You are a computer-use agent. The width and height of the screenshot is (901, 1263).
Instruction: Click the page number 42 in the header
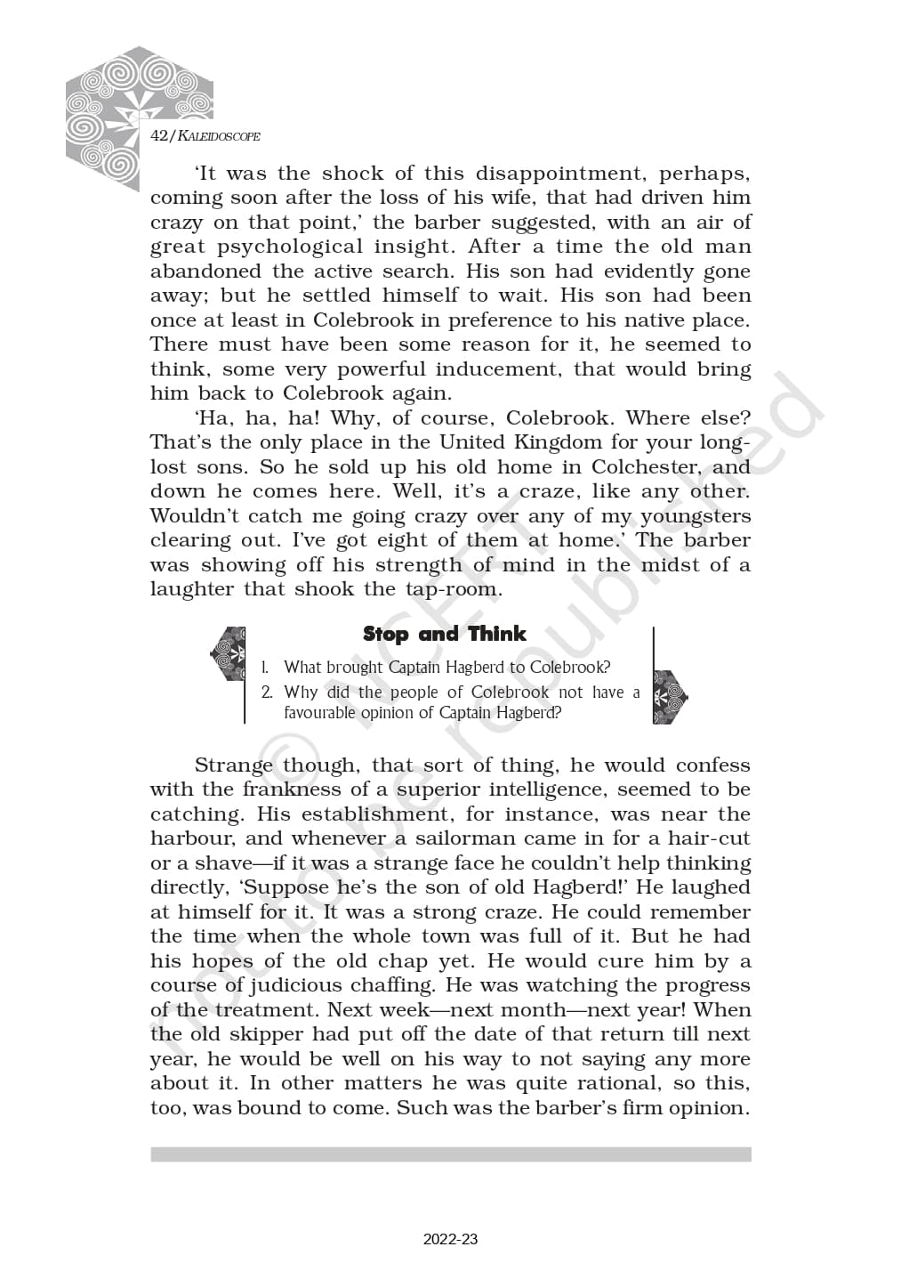(x=159, y=135)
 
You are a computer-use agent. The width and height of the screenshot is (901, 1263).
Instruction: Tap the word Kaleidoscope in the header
(x=219, y=136)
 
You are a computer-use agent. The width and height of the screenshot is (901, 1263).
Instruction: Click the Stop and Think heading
(x=444, y=634)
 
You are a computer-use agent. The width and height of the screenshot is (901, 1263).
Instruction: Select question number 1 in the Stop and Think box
(x=265, y=667)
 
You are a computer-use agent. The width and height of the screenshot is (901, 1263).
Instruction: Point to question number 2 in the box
(x=267, y=692)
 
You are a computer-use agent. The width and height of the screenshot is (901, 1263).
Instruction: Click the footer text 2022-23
(x=450, y=1239)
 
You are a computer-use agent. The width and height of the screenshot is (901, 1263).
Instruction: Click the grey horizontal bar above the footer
(x=450, y=1154)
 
